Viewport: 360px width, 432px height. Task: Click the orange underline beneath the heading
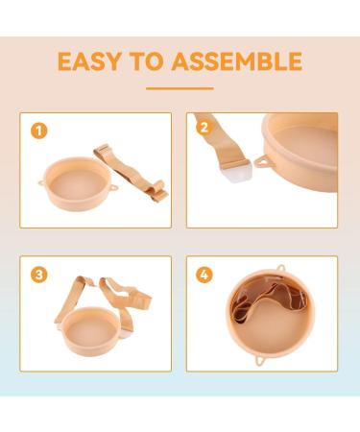coord(180,88)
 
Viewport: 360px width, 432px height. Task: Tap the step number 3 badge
coord(37,275)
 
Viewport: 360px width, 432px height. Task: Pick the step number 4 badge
coord(203,275)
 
